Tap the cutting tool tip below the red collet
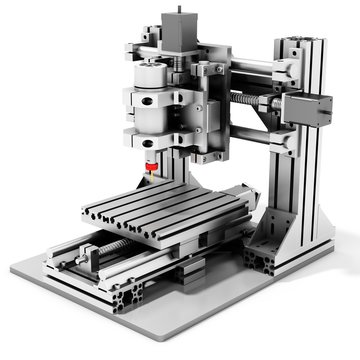(151, 178)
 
